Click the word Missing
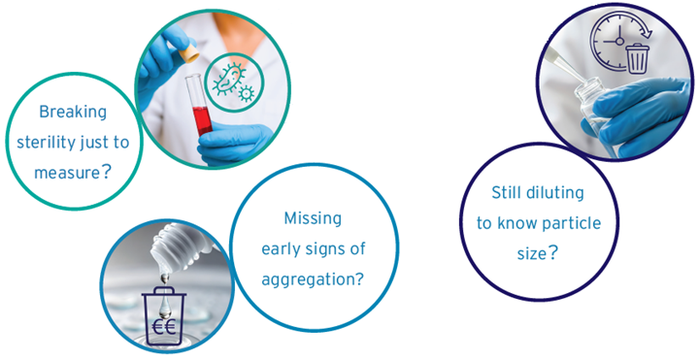312,218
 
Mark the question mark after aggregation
359,279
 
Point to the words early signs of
313,249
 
